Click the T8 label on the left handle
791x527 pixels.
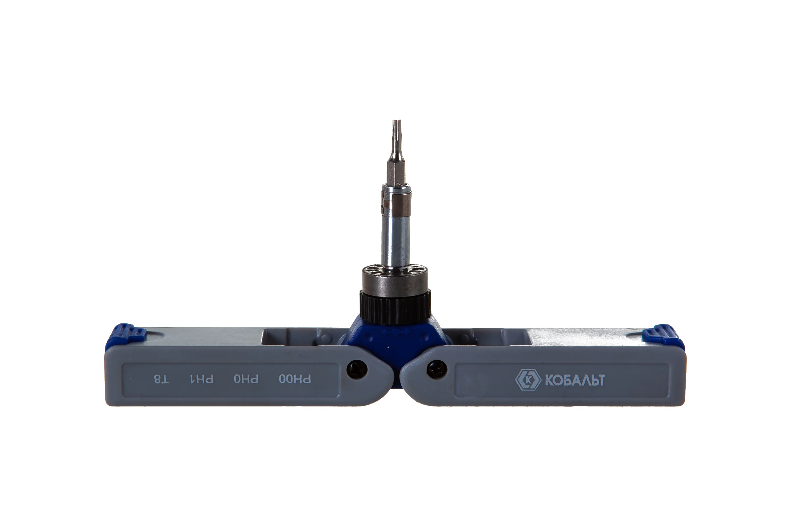(161, 379)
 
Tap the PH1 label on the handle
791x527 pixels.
(201, 379)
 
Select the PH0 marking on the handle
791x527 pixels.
(246, 379)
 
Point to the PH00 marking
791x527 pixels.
(295, 379)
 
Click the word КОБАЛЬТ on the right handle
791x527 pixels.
(575, 380)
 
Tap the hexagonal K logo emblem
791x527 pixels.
(528, 380)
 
